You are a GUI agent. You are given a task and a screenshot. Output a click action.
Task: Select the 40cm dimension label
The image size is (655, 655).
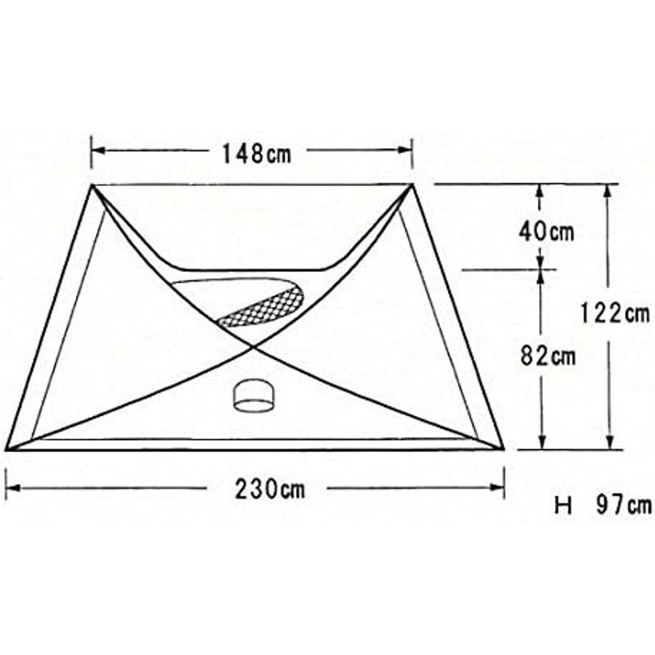pyautogui.click(x=546, y=232)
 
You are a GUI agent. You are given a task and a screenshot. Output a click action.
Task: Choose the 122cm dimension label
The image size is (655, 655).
pyautogui.click(x=613, y=313)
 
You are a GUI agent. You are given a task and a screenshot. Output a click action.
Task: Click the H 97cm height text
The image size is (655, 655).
pyautogui.click(x=604, y=506)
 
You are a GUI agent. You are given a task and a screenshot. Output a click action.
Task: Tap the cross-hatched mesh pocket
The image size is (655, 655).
pyautogui.click(x=262, y=309)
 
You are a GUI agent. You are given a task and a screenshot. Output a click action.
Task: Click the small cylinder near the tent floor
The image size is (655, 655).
pyautogui.click(x=254, y=395)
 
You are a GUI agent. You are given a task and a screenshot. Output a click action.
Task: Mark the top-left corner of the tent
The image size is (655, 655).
pyautogui.click(x=93, y=186)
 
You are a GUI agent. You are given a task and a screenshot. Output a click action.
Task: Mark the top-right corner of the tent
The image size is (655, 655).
pyautogui.click(x=412, y=185)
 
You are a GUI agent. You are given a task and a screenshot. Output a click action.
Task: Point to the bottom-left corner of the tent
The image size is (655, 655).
pyautogui.click(x=7, y=449)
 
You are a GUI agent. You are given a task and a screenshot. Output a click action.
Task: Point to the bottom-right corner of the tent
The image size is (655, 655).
pyautogui.click(x=503, y=448)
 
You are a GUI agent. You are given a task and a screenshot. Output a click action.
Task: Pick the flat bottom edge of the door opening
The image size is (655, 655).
pyautogui.click(x=254, y=269)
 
